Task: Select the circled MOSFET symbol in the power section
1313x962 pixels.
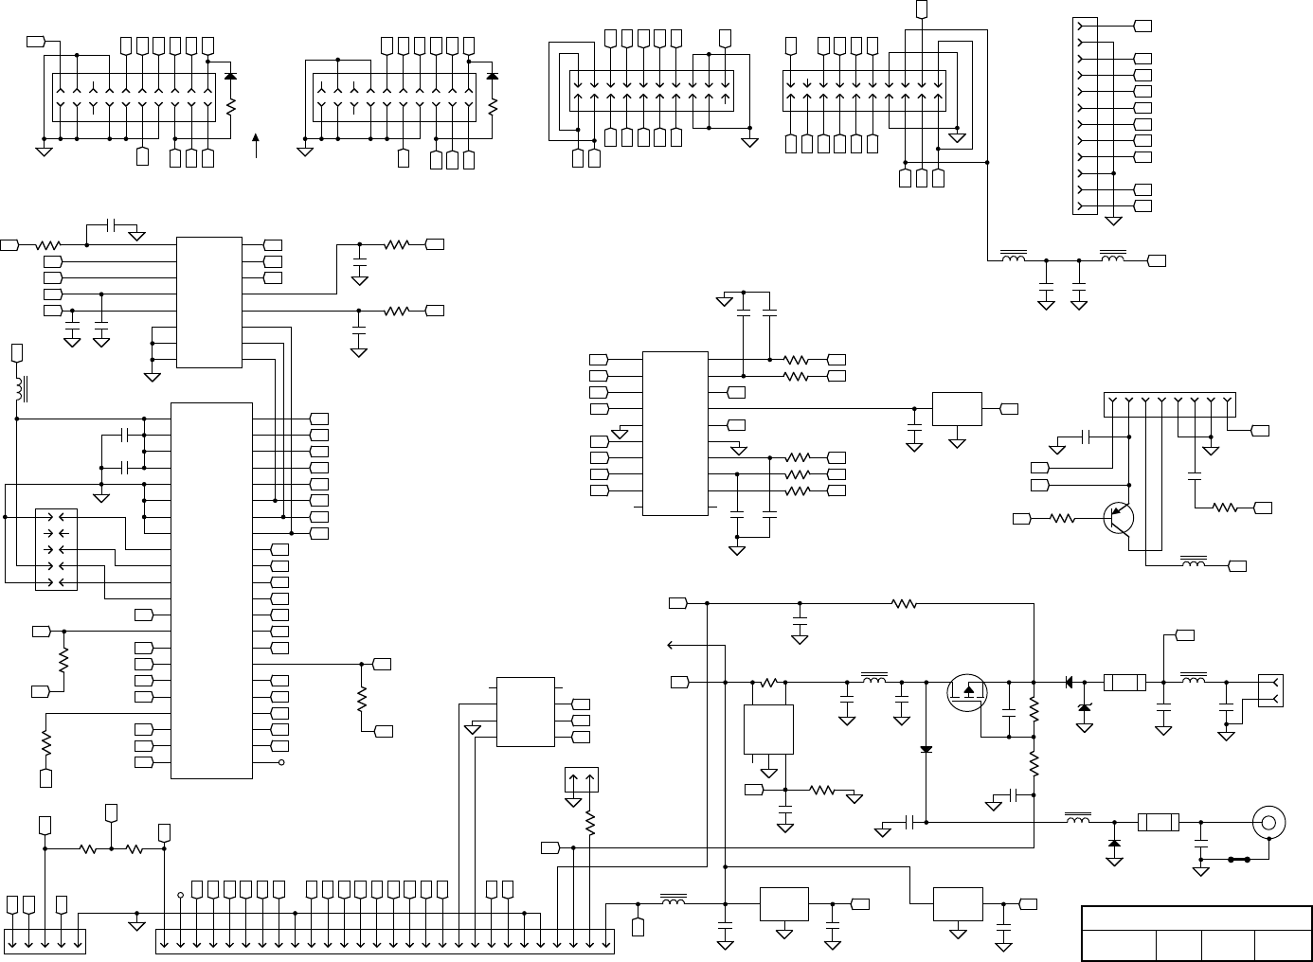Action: coord(966,692)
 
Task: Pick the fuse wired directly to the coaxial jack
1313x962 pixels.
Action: coord(1158,822)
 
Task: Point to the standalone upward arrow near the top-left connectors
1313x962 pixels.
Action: coord(256,146)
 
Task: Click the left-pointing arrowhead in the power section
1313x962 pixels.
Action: coord(672,646)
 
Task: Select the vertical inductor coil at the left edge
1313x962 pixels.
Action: coord(18,388)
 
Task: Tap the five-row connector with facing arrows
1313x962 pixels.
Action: coord(56,549)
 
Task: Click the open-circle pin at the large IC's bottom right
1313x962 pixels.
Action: coord(281,762)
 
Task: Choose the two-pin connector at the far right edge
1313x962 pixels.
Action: coord(1270,690)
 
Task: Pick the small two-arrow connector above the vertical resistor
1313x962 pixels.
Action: coord(581,780)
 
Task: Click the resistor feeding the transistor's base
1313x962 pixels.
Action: coord(1062,518)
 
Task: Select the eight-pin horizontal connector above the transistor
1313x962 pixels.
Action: coord(1170,404)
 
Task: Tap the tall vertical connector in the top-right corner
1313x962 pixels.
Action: coord(1084,116)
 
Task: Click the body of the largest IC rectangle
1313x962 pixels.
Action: coord(211,590)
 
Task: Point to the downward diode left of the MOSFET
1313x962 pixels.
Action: coord(926,750)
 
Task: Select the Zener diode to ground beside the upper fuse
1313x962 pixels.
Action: coord(1085,708)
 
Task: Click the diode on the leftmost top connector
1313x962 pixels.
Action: coord(230,75)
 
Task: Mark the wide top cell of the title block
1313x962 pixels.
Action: coord(1196,917)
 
